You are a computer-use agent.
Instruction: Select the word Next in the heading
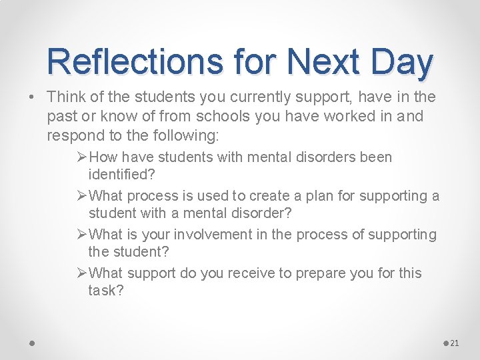[x=317, y=61]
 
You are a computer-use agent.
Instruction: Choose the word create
[x=317, y=196]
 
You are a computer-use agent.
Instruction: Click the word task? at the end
[x=105, y=291]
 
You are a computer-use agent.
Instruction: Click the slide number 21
[x=455, y=343]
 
